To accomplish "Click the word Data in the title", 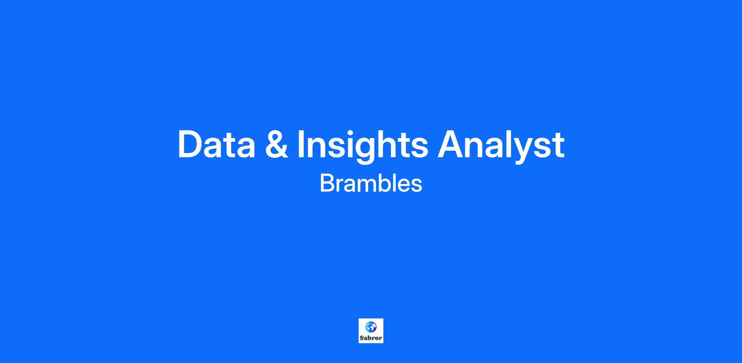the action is click(216, 144).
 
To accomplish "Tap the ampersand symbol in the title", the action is click(277, 144).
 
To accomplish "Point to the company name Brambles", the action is click(371, 183).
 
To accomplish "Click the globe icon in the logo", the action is click(371, 327).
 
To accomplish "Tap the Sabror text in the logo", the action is click(371, 338).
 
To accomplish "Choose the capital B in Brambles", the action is click(327, 183).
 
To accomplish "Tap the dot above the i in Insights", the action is click(351, 131).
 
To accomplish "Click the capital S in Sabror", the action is click(362, 338).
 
